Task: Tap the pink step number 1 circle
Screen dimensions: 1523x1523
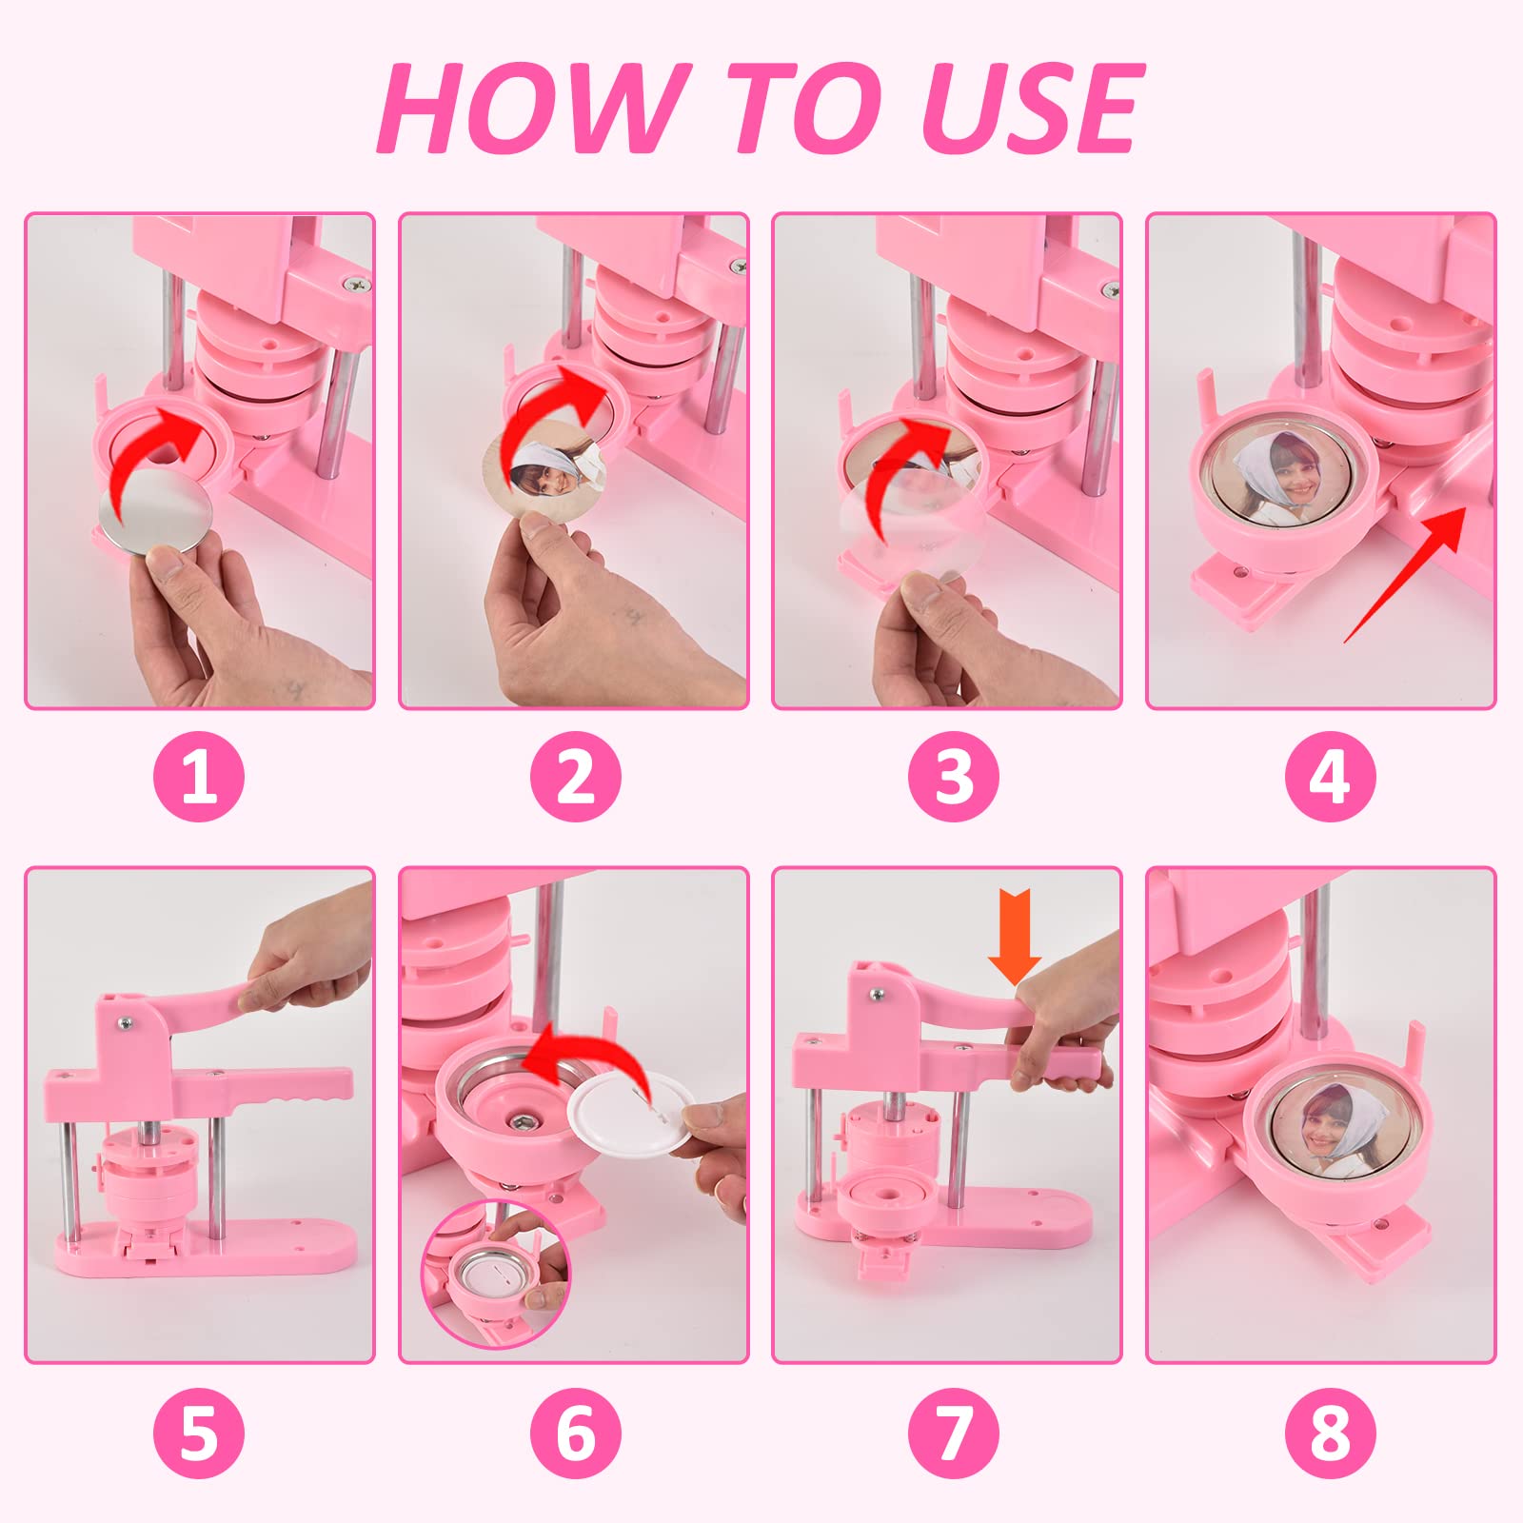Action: pos(199,775)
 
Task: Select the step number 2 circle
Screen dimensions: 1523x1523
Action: pos(575,775)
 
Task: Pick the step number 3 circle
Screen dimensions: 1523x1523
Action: pos(953,775)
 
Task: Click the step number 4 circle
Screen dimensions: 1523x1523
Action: pos(1330,775)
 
